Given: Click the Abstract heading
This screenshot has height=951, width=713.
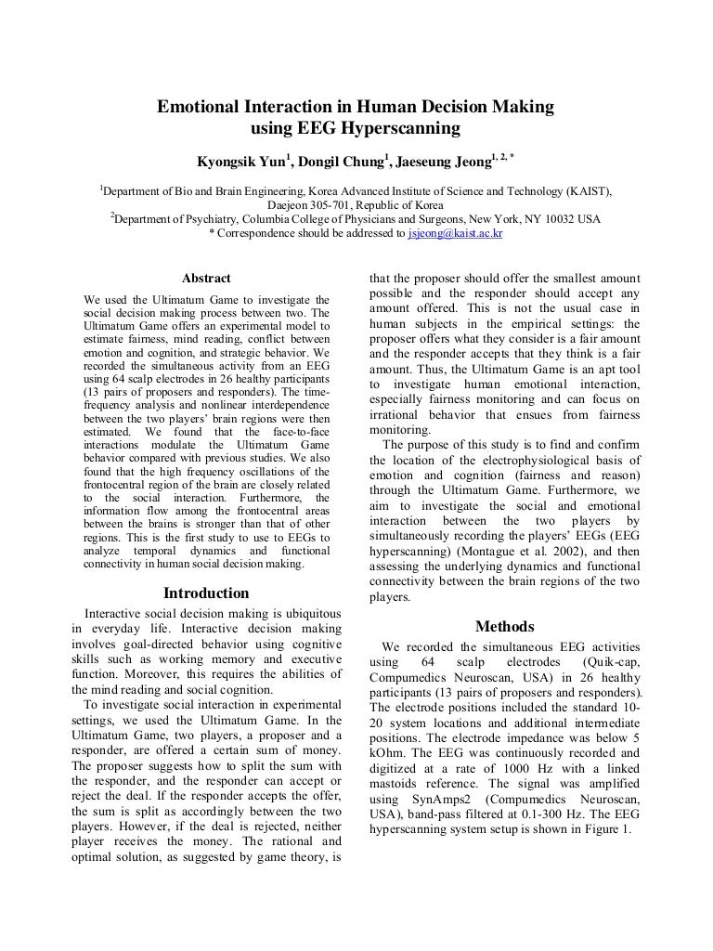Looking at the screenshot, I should [x=206, y=279].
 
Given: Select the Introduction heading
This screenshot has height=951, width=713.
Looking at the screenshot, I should [x=206, y=593].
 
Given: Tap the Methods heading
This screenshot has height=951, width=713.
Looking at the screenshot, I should [x=504, y=627].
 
